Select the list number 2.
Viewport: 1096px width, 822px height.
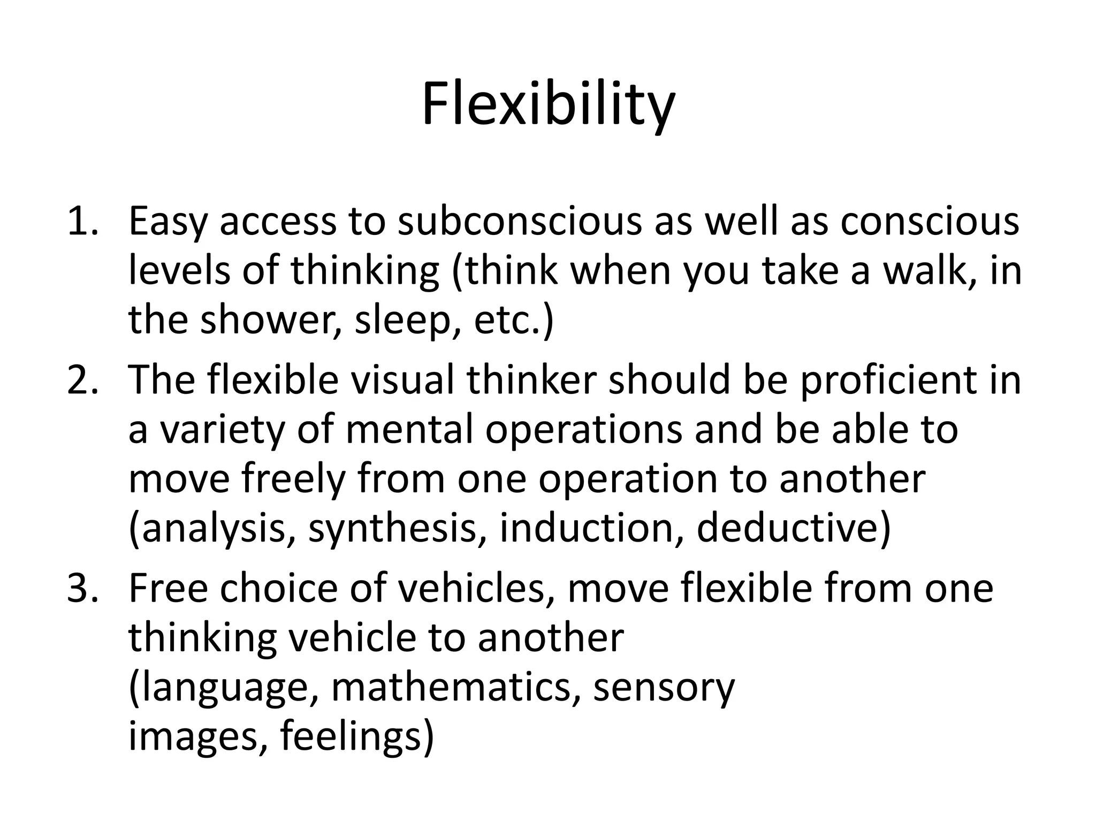[x=80, y=379]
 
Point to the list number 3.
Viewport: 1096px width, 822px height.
[x=80, y=588]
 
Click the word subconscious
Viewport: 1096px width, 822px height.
[x=519, y=221]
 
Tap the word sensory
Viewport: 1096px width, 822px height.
[x=664, y=687]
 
